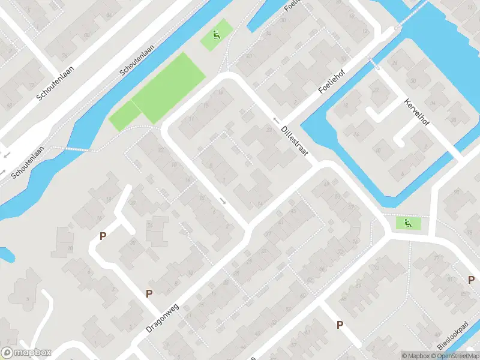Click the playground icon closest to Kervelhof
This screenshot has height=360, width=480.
pyautogui.click(x=408, y=224)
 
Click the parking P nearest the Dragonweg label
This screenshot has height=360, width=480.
pyautogui.click(x=149, y=293)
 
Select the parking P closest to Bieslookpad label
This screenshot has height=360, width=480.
pyautogui.click(x=471, y=280)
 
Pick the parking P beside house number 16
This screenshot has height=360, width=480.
pyautogui.click(x=103, y=236)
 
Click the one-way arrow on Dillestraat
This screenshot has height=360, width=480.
pyautogui.click(x=277, y=120)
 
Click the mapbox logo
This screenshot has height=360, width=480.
pyautogui.click(x=26, y=352)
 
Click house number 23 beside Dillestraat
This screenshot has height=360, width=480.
pyautogui.click(x=268, y=129)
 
